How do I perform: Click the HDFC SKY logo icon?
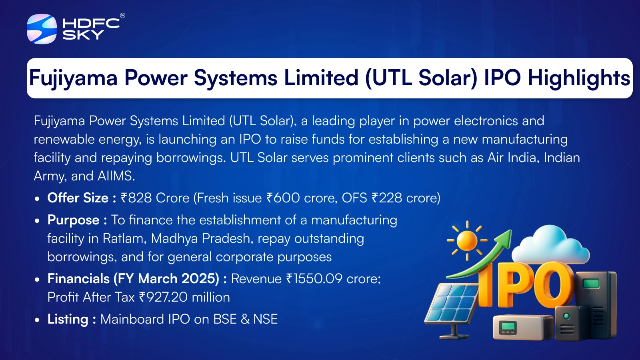(42, 29)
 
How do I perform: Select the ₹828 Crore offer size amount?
(155, 198)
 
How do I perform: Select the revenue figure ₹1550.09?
(314, 278)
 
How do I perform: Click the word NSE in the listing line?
(266, 319)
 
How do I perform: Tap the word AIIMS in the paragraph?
(116, 176)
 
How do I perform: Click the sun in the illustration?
(467, 240)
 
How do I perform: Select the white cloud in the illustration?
(550, 246)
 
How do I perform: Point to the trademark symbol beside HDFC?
(122, 16)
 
